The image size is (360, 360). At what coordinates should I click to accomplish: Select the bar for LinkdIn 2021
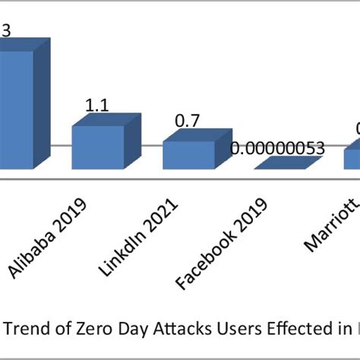188,156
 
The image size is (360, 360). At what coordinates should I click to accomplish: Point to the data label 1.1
96,107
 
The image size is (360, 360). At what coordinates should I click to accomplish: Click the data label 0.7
188,121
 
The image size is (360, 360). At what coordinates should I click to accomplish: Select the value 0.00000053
277,148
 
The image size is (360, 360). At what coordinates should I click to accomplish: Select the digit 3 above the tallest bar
6,31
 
